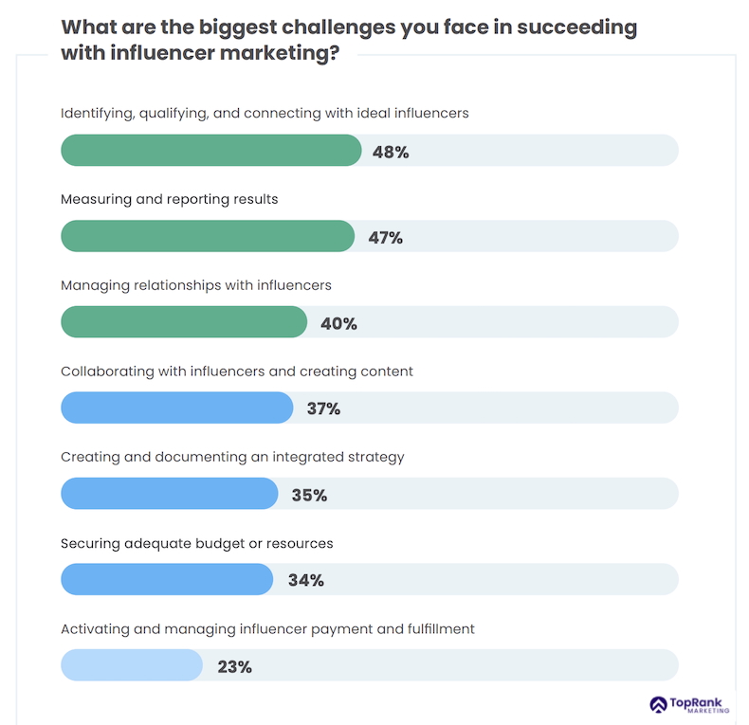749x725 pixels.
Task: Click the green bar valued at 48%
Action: pyautogui.click(x=210, y=151)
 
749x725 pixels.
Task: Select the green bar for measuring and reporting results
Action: pyautogui.click(x=207, y=237)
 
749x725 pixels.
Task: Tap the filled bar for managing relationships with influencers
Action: pyautogui.click(x=184, y=322)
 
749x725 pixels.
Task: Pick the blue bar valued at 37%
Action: pyautogui.click(x=176, y=408)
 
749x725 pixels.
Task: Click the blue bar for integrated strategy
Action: pyautogui.click(x=169, y=494)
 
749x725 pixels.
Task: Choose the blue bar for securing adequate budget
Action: pyautogui.click(x=167, y=580)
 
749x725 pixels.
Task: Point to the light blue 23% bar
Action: pyautogui.click(x=132, y=665)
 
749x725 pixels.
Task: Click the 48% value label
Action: pyautogui.click(x=391, y=152)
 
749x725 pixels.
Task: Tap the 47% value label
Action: pyautogui.click(x=385, y=238)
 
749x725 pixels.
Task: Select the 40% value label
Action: pyautogui.click(x=338, y=323)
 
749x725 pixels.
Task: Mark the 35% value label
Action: pyautogui.click(x=309, y=495)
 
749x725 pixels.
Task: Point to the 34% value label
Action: pyautogui.click(x=305, y=580)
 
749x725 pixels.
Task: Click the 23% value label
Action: pyautogui.click(x=234, y=666)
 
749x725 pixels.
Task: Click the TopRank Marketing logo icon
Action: pyautogui.click(x=659, y=705)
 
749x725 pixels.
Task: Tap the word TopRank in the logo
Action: pyautogui.click(x=698, y=701)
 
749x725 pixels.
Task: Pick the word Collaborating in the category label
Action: pyautogui.click(x=106, y=372)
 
